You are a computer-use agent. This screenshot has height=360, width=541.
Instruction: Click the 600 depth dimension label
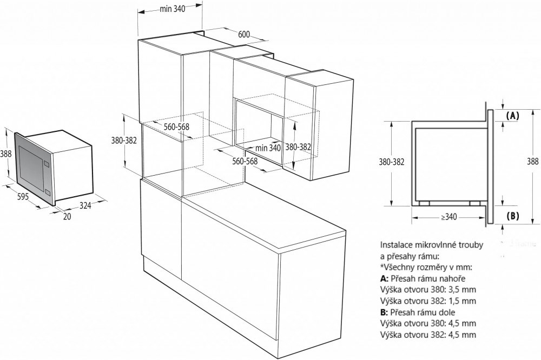[x=244, y=34]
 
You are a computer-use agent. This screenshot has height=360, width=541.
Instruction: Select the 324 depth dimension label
[x=85, y=205]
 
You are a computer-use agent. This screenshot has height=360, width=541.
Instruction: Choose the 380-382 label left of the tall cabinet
[x=124, y=140]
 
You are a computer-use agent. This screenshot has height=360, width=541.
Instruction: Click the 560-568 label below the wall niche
[x=245, y=161]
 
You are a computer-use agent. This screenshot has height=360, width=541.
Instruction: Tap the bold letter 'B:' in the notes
[x=385, y=312]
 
